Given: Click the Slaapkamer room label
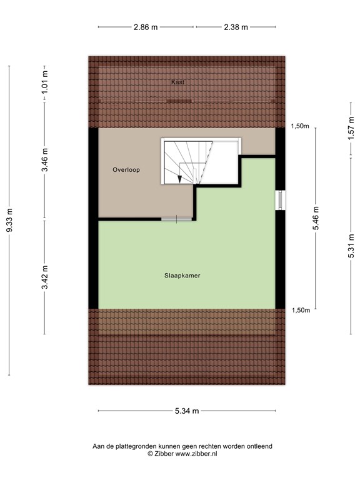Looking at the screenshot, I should pyautogui.click(x=182, y=276).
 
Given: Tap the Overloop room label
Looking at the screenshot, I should pyautogui.click(x=126, y=169).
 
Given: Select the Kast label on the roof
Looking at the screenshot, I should pyautogui.click(x=178, y=82).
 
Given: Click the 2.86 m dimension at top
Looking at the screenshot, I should pyautogui.click(x=146, y=27).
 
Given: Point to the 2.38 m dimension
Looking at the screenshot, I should pyautogui.click(x=236, y=27).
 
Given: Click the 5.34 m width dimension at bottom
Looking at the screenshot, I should pyautogui.click(x=187, y=411).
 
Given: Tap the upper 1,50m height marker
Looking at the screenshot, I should pyautogui.click(x=300, y=126).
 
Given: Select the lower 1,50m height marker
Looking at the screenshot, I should pyautogui.click(x=300, y=311).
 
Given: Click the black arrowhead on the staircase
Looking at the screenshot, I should pyautogui.click(x=179, y=179).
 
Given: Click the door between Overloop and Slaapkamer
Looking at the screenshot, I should pyautogui.click(x=177, y=218).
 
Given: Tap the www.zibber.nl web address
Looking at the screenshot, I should pyautogui.click(x=196, y=454).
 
